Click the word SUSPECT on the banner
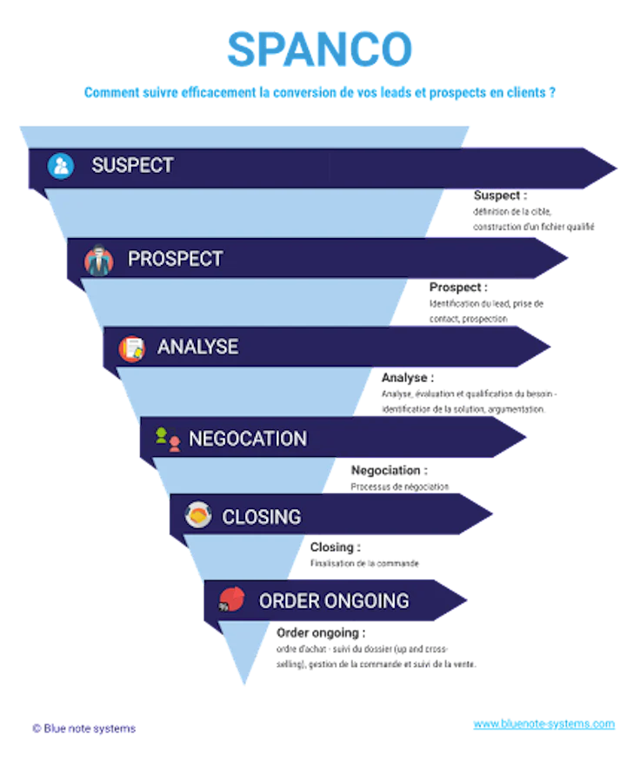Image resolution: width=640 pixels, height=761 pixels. (x=132, y=165)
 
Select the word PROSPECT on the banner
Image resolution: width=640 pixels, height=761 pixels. (x=175, y=259)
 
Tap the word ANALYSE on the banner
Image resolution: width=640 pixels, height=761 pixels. (x=197, y=347)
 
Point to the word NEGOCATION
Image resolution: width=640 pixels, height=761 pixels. (x=248, y=438)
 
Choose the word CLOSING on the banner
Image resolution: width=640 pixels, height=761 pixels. (x=261, y=517)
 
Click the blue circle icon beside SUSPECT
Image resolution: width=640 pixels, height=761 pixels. (x=61, y=166)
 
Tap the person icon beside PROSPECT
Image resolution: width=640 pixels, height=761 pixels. (x=99, y=260)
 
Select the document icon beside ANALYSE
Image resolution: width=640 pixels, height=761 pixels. (x=132, y=348)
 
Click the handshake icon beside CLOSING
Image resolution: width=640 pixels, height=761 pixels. (x=198, y=517)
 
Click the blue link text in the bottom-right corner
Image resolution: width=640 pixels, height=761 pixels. (x=544, y=724)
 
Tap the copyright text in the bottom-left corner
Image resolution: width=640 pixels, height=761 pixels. (x=83, y=729)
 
